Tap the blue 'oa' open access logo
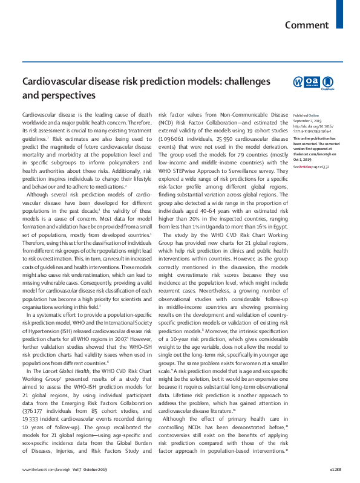click(x=312, y=82)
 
